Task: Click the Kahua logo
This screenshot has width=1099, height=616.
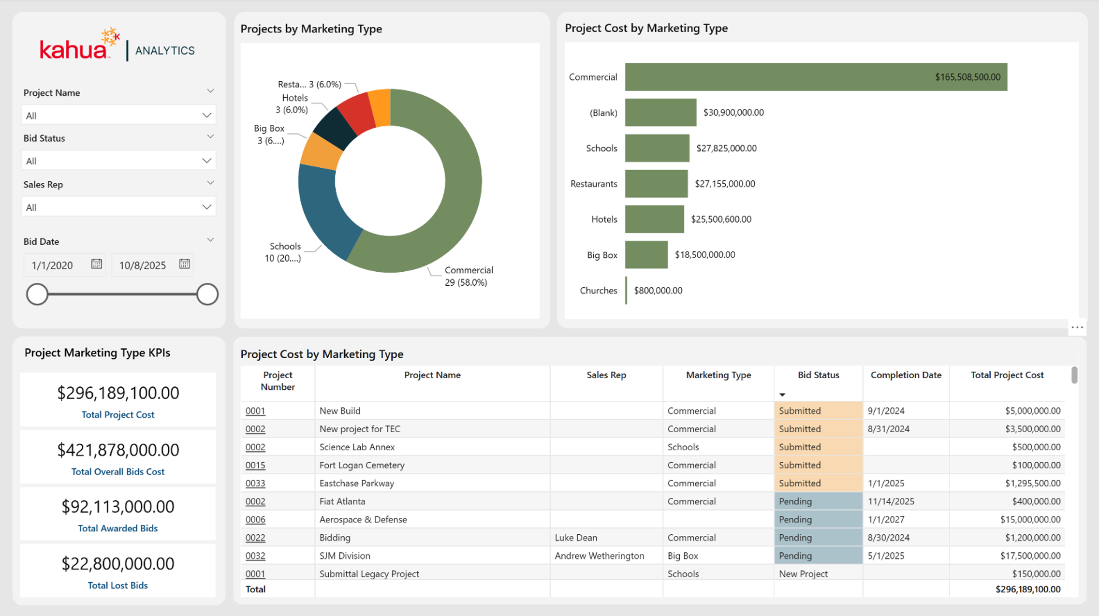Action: [80, 44]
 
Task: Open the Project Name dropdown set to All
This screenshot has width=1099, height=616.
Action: [118, 115]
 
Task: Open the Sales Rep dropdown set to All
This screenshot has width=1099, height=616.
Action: [118, 207]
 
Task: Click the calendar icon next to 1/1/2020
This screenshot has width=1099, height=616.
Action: [97, 264]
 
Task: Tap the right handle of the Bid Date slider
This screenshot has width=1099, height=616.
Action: [207, 294]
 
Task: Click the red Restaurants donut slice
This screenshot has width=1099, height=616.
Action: [356, 113]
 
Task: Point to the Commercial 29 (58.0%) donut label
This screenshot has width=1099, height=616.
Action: [468, 276]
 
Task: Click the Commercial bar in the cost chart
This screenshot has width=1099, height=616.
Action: [816, 77]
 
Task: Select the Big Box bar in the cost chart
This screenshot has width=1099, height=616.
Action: [646, 255]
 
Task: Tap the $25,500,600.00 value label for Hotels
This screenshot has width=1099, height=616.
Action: [721, 219]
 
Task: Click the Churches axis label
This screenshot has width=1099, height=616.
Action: [598, 291]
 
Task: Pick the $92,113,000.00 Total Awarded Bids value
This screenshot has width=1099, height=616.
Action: [118, 506]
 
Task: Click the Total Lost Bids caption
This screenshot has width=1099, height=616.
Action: [118, 585]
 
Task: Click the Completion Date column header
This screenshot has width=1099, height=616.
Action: [906, 375]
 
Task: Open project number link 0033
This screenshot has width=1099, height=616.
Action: [255, 483]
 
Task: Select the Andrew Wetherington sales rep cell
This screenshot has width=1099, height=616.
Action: [600, 556]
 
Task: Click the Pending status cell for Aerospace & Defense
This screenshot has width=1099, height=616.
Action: [818, 519]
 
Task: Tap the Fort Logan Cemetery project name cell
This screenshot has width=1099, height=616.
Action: [362, 465]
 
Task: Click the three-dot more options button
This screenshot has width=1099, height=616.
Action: [1077, 327]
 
